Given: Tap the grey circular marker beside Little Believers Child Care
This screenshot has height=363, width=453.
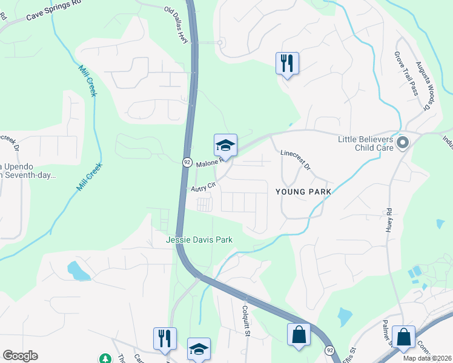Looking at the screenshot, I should tap(403, 143).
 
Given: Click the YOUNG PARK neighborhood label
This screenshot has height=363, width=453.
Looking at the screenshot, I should tap(303, 192).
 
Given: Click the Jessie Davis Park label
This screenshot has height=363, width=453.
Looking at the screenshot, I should tap(199, 240).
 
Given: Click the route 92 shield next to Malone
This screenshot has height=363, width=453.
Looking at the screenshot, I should tap(187, 162).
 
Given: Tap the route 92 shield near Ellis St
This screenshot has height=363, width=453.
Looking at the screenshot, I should tap(329, 350).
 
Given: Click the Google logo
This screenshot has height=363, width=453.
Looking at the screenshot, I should tap(20, 356).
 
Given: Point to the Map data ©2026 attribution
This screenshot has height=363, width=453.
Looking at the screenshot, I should tap(426, 358).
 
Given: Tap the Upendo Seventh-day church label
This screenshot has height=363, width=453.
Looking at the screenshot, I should tap(27, 171).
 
